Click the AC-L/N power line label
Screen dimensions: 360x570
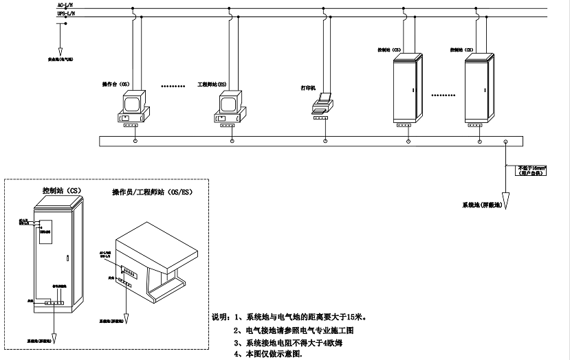pos(65,5)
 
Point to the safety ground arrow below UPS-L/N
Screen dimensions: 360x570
pos(60,49)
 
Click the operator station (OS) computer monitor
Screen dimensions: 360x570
pos(135,102)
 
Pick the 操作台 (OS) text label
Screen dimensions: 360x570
pos(116,84)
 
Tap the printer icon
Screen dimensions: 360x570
pos(322,104)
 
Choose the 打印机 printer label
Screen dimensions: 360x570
pos(309,89)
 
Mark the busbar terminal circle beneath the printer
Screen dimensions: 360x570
pos(321,141)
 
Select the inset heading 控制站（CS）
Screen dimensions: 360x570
pos(61,190)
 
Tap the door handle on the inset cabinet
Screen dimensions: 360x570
pos(67,259)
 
